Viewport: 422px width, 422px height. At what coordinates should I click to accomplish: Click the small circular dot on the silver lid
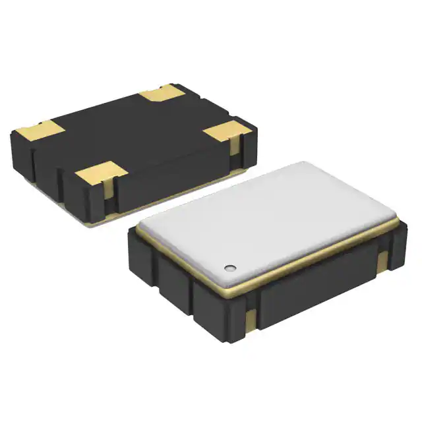[x=230, y=267]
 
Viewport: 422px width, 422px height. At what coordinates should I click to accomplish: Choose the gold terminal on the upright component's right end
[x=383, y=260]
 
